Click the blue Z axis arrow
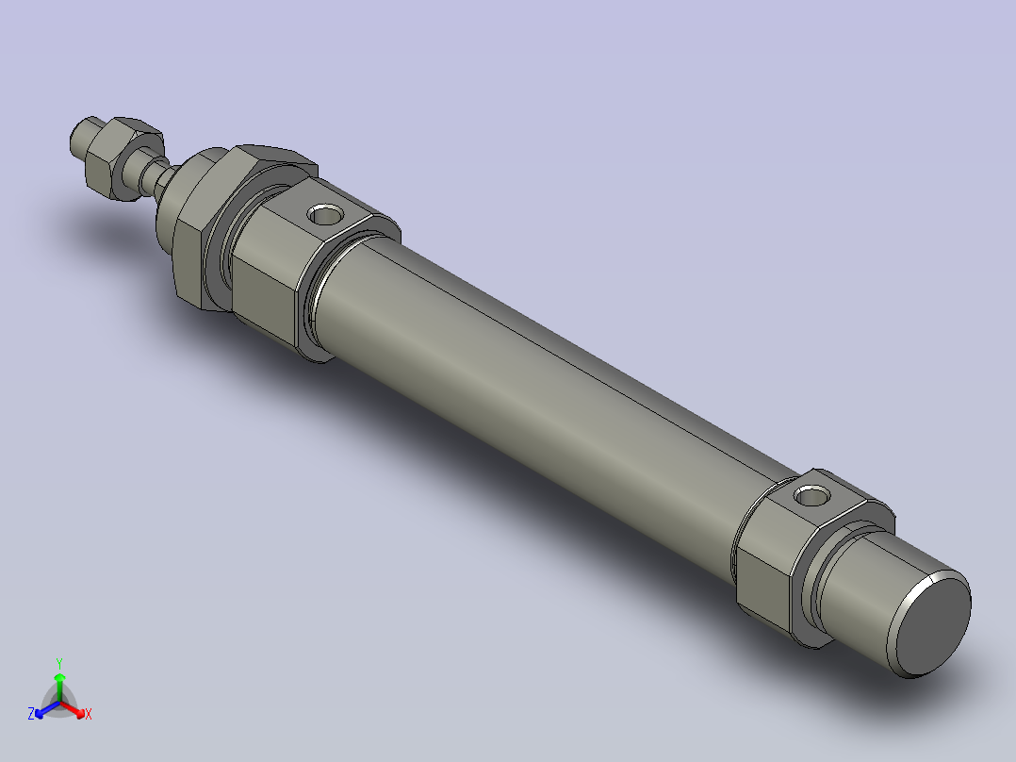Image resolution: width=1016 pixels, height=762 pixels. tap(43, 709)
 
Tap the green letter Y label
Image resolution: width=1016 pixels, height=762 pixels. tap(59, 663)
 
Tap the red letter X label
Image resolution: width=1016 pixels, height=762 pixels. tap(89, 715)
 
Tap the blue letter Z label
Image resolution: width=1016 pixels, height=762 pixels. tap(31, 714)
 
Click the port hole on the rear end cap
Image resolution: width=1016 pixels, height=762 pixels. tap(811, 494)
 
